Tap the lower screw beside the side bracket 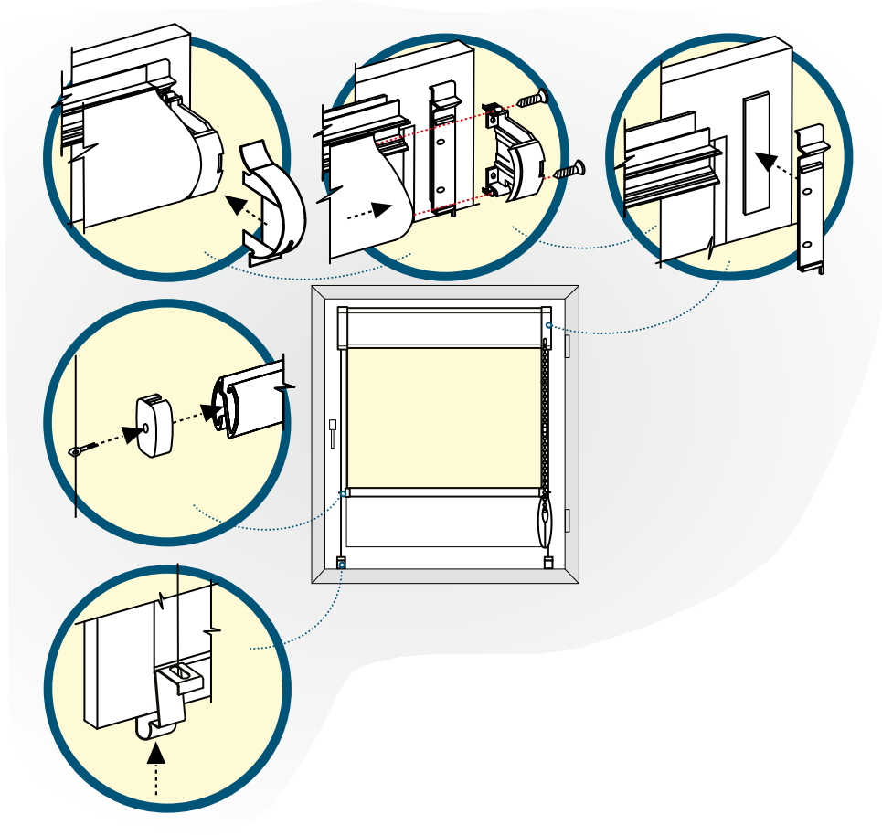[569, 169]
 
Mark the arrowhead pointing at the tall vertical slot [766, 162]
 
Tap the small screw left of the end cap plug [82, 449]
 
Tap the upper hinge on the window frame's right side [568, 345]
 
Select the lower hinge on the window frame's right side [568, 520]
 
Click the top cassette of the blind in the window [444, 327]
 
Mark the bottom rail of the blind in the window [444, 492]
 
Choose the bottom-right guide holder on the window [548, 563]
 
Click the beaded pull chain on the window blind [546, 411]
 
